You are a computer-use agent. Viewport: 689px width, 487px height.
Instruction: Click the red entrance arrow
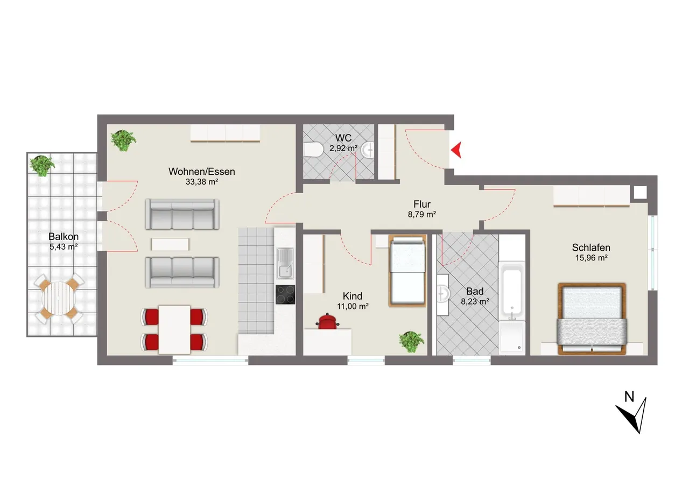(457, 150)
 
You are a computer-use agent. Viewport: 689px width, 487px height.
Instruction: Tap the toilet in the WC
(313, 150)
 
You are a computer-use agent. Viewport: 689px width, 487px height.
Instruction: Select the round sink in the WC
(367, 150)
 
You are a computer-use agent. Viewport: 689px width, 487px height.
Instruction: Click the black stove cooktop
(285, 294)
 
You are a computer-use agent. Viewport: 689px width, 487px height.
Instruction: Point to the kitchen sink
(285, 263)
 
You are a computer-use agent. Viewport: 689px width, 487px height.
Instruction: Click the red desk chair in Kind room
(327, 321)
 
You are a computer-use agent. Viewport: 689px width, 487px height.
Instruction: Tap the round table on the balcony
(59, 298)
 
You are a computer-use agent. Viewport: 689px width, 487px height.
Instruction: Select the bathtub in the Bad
(512, 288)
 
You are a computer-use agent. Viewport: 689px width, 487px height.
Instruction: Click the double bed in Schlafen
(592, 319)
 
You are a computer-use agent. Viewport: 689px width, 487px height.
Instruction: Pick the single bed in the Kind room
(407, 271)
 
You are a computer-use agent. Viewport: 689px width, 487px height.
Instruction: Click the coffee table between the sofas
(170, 244)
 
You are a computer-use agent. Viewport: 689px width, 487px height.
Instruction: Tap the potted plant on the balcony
(42, 165)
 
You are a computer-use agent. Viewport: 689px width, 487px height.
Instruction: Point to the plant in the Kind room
(411, 341)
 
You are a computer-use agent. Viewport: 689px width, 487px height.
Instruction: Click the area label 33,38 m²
(202, 182)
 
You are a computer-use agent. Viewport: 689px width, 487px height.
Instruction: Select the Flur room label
(421, 204)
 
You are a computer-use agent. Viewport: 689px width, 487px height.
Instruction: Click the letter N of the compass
(629, 397)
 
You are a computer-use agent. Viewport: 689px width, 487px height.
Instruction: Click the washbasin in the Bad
(443, 294)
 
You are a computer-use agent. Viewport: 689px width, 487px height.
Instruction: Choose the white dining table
(174, 329)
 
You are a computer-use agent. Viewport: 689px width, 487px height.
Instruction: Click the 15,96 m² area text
(591, 258)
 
